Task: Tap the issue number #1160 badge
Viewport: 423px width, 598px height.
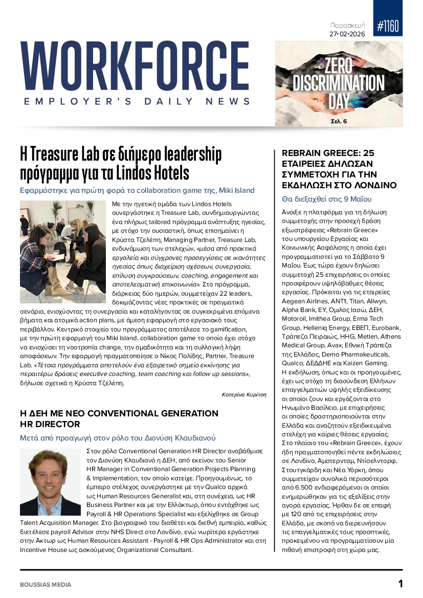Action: pos(388,26)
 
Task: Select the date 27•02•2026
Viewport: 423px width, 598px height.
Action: pos(350,34)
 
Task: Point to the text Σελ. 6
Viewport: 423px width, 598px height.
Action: pos(338,121)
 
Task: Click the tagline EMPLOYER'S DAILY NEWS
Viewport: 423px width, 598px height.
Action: pos(137,101)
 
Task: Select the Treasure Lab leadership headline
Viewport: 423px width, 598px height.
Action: pos(121,163)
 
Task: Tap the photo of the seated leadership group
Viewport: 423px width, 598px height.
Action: pos(63,252)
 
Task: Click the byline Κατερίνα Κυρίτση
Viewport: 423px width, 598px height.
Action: pos(244,394)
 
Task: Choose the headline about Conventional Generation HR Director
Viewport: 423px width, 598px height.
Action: pos(119,418)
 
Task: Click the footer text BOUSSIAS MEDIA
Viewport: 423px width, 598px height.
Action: pos(46,584)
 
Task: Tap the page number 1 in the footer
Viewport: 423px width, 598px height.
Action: pos(400,584)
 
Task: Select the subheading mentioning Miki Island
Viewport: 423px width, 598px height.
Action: pos(137,190)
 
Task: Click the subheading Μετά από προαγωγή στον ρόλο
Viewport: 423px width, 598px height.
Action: pos(118,438)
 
